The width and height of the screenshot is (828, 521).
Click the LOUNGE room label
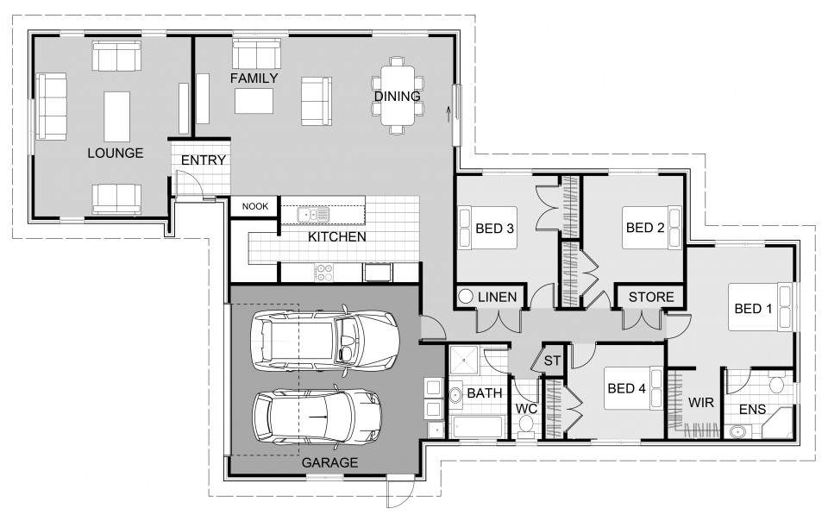pos(115,154)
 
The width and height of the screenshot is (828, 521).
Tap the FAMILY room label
pos(254,78)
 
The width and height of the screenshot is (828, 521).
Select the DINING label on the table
pos(397,97)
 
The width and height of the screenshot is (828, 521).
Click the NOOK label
pos(254,206)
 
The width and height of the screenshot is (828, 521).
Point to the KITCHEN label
pos(337,236)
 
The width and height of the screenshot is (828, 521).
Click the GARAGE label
pos(329,463)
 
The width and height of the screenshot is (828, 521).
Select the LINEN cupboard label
pos(497,298)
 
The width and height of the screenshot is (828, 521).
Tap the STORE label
pos(651,298)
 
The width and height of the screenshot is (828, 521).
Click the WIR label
pos(699,402)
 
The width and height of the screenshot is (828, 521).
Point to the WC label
pos(526,408)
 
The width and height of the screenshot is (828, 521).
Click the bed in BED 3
pos(486,229)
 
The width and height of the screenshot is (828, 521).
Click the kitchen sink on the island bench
pos(312,214)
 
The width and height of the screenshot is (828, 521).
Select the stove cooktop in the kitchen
pos(326,273)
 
